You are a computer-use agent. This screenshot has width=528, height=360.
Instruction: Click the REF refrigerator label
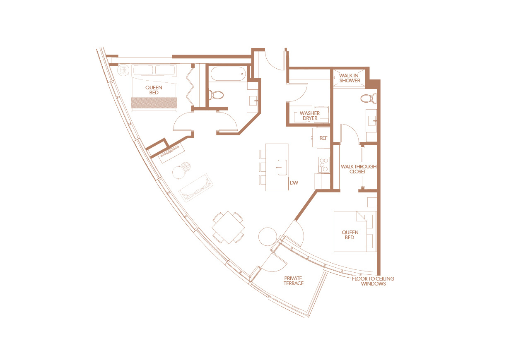pos(323,138)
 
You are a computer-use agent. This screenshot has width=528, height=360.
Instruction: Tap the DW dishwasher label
pos(294,182)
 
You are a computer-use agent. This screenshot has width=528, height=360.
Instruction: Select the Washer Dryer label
pos(310,116)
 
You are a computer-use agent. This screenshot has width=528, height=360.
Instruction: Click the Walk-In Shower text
pos(350,78)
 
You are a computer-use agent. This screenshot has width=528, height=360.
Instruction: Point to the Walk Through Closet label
pos(359,169)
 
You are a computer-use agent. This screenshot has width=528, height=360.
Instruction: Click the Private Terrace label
pos(294,281)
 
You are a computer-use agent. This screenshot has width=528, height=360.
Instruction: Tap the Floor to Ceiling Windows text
pos(373,281)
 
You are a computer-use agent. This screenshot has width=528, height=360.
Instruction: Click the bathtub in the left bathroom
pos(228,74)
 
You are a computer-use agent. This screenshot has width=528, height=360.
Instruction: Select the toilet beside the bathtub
pos(217,96)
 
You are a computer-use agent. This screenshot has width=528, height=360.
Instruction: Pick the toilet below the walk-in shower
pos(369,98)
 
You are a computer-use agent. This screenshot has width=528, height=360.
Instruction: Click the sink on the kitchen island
pos(282,167)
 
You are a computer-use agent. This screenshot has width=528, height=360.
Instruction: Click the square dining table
pos(228,227)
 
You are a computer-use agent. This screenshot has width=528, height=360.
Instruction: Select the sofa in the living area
pos(195,188)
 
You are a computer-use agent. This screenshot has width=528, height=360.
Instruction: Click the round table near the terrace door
pos(268,237)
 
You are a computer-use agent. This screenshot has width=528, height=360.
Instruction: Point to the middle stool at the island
pos(263,167)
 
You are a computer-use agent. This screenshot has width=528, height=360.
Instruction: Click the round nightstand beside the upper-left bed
pos(123,70)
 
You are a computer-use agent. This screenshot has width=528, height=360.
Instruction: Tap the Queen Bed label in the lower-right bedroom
pos(350,235)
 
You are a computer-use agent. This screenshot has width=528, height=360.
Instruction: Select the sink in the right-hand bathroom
pos(372,121)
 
